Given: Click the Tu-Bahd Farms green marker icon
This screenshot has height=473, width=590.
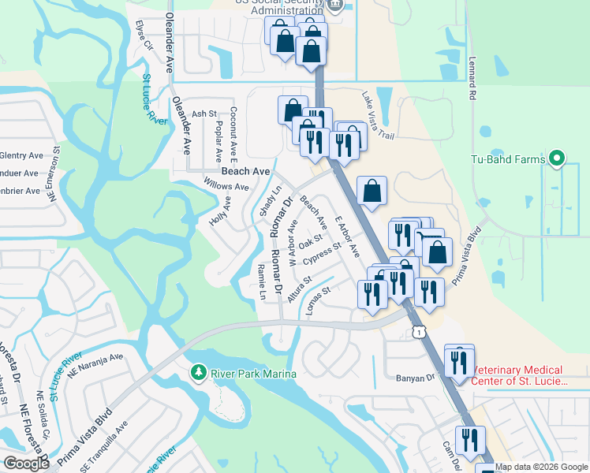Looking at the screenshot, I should coord(557,160).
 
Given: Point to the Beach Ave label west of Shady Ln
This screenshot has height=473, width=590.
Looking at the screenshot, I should coord(245,171).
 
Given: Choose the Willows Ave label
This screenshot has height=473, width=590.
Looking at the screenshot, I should coord(226,187).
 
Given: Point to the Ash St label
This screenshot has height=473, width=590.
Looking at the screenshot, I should coord(204,114).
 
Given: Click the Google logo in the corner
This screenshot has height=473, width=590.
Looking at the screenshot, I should coord(27,464).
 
